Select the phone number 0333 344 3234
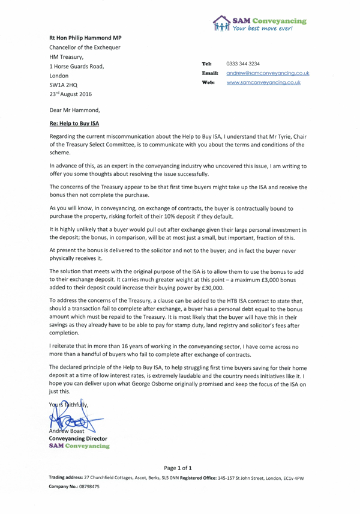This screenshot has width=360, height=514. click(x=242, y=63)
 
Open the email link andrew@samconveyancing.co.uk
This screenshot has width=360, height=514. click(x=268, y=73)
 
